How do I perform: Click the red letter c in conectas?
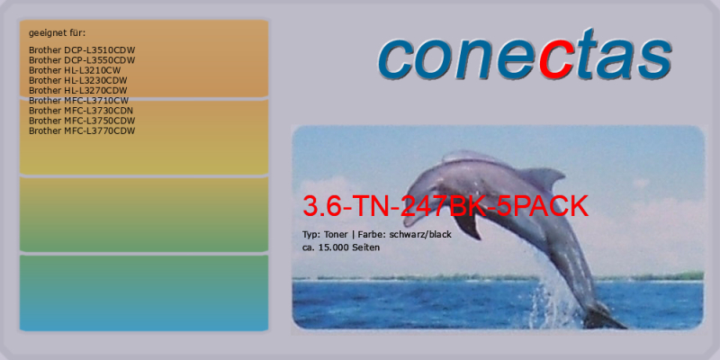554,58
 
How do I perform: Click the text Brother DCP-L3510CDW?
82,50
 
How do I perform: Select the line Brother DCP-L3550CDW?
82,60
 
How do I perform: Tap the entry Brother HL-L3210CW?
75,70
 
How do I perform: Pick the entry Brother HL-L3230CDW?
78,80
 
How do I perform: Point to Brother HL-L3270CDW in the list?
78,91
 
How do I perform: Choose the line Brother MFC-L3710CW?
78,101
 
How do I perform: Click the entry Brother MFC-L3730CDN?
81,111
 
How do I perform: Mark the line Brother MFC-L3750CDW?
82,121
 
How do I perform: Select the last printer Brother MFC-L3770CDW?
82,130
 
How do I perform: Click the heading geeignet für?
58,33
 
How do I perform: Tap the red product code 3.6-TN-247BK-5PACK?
445,206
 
